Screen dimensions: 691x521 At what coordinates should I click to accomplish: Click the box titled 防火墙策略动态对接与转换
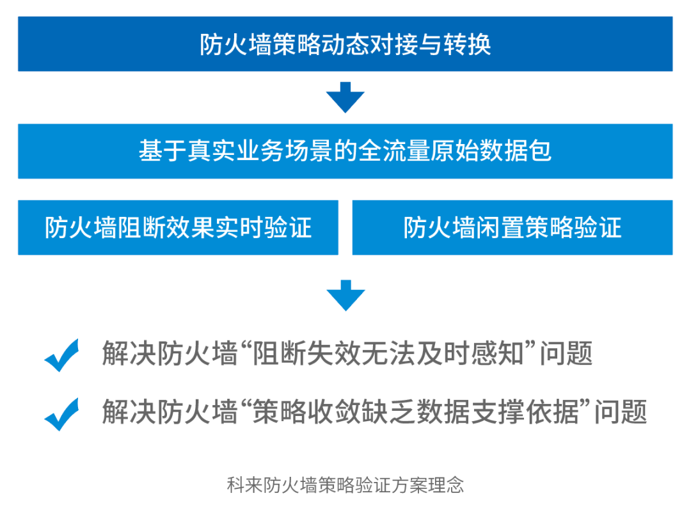coord(345,44)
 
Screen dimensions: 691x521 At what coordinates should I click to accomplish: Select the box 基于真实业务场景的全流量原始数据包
coord(345,151)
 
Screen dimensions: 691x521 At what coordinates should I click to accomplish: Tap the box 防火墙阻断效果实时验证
coord(178,227)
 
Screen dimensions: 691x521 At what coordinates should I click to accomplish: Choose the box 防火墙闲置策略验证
coord(512,227)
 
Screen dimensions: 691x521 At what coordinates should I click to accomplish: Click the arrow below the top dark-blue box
coord(345,97)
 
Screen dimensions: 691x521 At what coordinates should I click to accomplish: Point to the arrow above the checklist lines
coord(345,295)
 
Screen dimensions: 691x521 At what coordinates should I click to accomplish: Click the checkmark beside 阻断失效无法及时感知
coord(61,355)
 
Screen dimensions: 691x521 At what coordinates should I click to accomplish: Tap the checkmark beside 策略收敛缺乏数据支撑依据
coord(61,414)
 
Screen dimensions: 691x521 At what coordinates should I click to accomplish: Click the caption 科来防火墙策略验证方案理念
coord(345,485)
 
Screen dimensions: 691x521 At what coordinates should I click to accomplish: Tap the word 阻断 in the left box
coord(142,227)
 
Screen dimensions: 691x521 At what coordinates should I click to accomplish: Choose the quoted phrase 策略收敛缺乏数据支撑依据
coord(416,412)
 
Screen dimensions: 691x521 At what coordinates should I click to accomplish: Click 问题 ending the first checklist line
coord(566,353)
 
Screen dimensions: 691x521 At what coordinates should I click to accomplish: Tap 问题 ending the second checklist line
coord(621,412)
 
